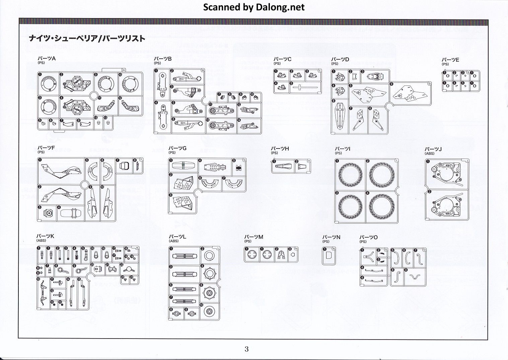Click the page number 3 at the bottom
click(x=246, y=349)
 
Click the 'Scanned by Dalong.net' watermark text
click(x=254, y=7)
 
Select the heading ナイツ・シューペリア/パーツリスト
click(x=87, y=39)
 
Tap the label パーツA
click(x=47, y=59)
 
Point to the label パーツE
click(x=450, y=60)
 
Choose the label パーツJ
click(x=433, y=149)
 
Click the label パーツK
click(x=45, y=236)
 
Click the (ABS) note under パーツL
click(x=174, y=241)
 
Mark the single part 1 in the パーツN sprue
click(x=329, y=256)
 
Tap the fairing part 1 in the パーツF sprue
click(x=60, y=172)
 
